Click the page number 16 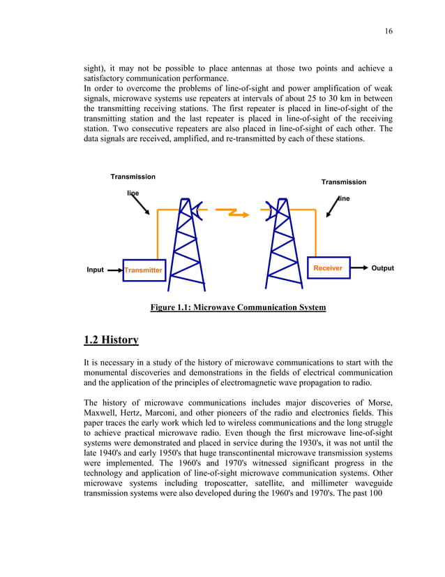pyautogui.click(x=389, y=31)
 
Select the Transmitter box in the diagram pyautogui.click(x=144, y=270)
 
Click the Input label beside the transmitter pyautogui.click(x=95, y=270)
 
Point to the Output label pyautogui.click(x=382, y=268)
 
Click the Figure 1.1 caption pyautogui.click(x=238, y=307)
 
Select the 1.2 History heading pyautogui.click(x=111, y=340)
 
